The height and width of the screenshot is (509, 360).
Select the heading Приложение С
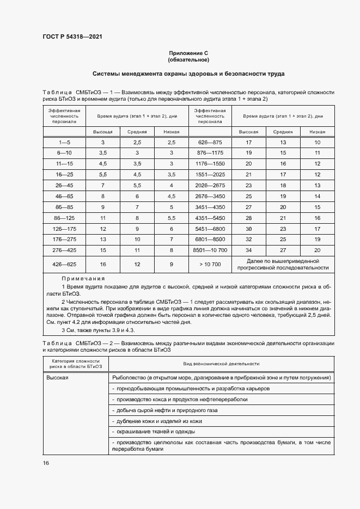(188, 53)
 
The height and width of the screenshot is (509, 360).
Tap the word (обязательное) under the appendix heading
(188, 59)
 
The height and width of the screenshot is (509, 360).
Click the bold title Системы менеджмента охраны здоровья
(188, 73)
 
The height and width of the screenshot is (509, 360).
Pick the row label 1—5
(64, 142)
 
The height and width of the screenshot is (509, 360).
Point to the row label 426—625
(64, 265)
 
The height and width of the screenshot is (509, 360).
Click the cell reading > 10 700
(210, 265)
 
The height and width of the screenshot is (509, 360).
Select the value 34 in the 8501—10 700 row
(248, 249)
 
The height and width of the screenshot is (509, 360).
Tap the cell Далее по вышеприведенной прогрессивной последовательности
(283, 265)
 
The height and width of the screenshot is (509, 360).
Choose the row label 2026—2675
(210, 185)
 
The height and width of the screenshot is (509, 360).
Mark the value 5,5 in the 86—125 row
(171, 218)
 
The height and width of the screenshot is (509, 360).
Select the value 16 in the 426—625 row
(103, 265)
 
